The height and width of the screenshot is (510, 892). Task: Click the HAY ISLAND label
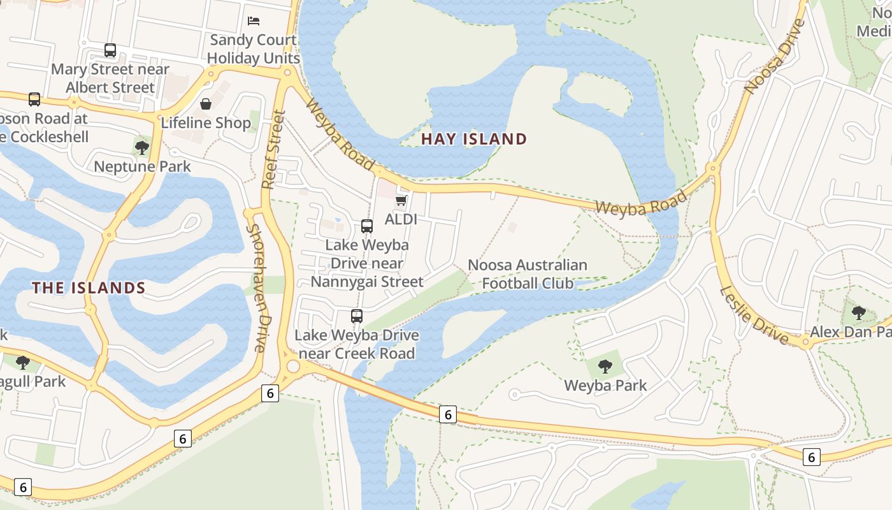474,139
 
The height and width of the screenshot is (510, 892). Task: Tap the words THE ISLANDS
89,288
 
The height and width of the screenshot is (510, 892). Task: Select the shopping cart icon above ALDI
401,201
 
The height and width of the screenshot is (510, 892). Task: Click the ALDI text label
401,219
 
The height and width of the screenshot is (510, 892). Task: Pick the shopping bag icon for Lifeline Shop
206,104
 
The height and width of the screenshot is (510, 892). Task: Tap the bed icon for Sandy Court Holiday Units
254,21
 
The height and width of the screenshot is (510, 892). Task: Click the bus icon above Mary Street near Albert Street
110,50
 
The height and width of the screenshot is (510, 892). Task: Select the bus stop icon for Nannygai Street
366,226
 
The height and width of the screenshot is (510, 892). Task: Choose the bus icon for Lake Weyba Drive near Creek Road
356,316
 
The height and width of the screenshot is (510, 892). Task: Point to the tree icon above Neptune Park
141,148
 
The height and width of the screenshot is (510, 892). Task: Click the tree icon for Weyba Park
605,367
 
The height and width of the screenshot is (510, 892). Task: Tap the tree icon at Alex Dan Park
858,313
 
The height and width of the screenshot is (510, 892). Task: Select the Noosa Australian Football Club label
528,273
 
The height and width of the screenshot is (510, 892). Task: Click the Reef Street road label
273,150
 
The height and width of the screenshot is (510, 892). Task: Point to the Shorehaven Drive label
256,288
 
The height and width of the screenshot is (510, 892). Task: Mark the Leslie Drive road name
754,316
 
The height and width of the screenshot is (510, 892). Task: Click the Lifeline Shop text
206,122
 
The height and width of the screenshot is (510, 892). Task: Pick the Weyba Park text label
605,386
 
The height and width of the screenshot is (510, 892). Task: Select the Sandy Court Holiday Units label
253,48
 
